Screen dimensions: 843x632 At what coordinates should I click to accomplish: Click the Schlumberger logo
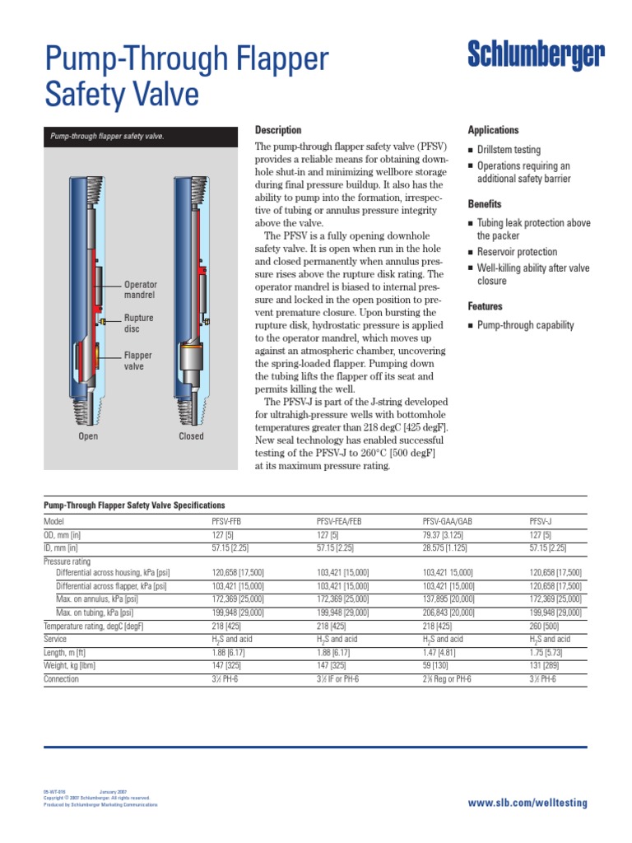(x=536, y=56)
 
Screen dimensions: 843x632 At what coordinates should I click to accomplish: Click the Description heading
(x=278, y=130)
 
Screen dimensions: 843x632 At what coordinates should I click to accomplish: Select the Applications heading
(x=493, y=130)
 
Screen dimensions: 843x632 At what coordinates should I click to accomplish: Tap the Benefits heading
(x=485, y=203)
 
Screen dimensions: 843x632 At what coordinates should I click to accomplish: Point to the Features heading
(x=486, y=305)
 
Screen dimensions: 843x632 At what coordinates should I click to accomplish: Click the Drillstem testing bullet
(x=509, y=150)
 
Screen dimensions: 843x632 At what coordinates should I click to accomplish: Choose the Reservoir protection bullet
(x=517, y=252)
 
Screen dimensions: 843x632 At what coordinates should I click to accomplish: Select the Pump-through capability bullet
(x=526, y=325)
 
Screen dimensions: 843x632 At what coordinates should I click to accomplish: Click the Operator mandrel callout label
(x=140, y=289)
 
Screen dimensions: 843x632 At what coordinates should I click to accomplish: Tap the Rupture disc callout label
(x=139, y=324)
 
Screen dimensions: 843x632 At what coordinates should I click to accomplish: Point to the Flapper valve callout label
(x=138, y=361)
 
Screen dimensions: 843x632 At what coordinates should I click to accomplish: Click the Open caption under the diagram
(x=88, y=436)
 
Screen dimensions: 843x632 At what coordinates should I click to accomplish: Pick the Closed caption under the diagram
(x=191, y=436)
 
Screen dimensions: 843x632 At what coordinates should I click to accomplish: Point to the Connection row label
(x=61, y=679)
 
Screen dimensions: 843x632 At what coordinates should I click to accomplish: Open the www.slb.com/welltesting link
(x=527, y=802)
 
